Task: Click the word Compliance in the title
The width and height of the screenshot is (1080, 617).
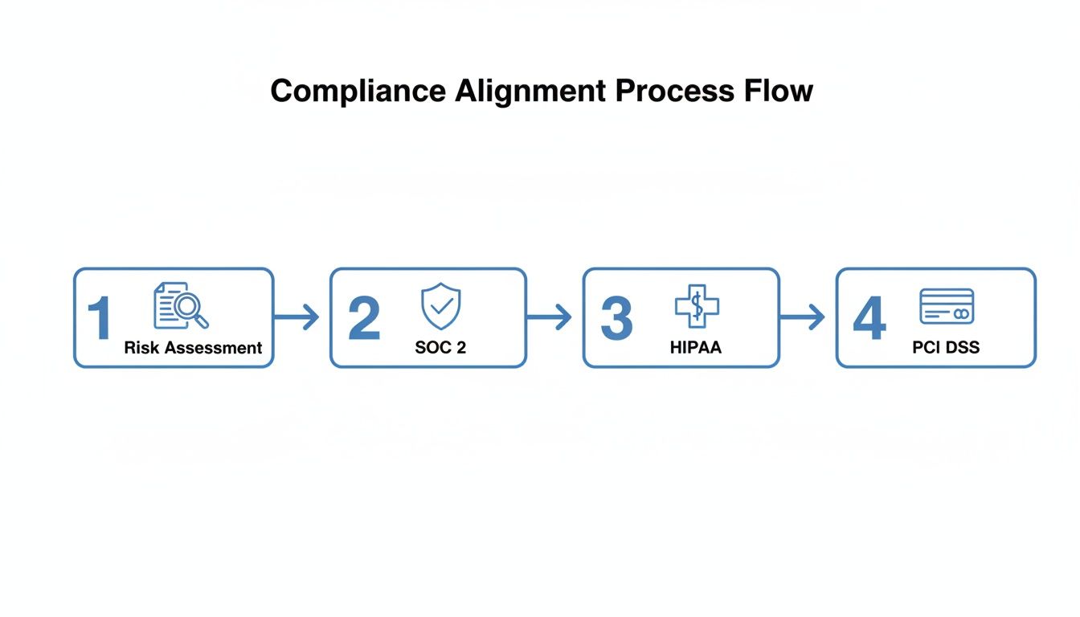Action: (358, 91)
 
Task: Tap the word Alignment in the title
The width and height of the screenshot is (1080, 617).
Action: (531, 91)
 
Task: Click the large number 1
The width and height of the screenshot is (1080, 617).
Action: (99, 319)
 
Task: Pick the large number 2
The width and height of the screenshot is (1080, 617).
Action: (364, 319)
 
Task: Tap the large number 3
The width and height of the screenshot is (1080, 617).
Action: (616, 319)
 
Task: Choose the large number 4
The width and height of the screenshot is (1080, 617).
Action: (869, 319)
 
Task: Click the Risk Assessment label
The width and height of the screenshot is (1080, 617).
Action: (193, 348)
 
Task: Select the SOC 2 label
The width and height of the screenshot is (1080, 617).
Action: (440, 348)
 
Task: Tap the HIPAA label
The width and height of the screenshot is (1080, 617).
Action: (696, 348)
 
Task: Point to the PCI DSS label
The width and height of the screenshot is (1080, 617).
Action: (946, 348)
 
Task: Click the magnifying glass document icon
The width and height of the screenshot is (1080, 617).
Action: (181, 305)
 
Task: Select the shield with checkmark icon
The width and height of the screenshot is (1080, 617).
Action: (441, 306)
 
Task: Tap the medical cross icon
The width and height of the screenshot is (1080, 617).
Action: (697, 306)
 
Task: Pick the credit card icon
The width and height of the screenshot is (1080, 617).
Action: (947, 306)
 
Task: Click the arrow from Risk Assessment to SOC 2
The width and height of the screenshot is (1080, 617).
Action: (297, 317)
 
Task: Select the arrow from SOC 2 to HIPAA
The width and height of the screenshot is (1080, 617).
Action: (549, 317)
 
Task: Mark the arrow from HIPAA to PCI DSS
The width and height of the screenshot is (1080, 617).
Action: (802, 317)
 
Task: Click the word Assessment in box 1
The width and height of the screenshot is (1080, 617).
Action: (212, 348)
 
